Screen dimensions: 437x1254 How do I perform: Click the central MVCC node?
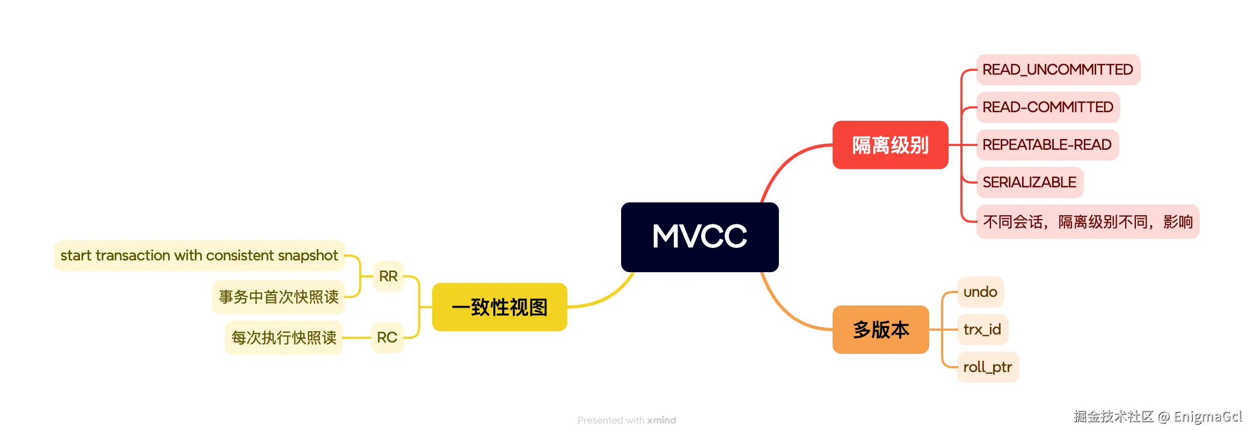[x=699, y=237]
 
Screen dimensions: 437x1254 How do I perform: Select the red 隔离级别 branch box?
[x=890, y=145]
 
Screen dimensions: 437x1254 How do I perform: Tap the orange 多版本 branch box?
[x=880, y=329]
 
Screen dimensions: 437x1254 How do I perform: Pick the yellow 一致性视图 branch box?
[x=499, y=307]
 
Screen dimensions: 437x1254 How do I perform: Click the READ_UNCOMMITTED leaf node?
[x=1057, y=70]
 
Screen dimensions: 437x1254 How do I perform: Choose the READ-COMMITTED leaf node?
[x=1047, y=107]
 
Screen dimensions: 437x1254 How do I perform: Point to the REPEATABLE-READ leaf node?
[x=1046, y=145]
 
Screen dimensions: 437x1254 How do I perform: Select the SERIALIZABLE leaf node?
[x=1029, y=183]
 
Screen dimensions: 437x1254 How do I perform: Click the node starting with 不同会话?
[x=1087, y=222]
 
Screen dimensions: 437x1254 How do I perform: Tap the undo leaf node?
[x=980, y=292]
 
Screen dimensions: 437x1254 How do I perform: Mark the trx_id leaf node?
[x=982, y=330]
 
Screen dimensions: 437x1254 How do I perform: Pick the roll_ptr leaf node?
[x=987, y=367]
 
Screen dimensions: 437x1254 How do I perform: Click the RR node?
[x=388, y=276]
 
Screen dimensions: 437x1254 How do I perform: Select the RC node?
[x=387, y=338]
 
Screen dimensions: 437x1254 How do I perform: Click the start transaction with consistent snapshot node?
[x=199, y=256]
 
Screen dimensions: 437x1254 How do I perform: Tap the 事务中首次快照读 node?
[x=278, y=297]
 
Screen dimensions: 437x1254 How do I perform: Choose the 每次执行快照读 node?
[x=283, y=338]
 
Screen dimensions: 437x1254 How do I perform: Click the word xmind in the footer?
[x=661, y=420]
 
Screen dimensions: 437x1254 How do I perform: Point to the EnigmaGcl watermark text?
[x=1207, y=417]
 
